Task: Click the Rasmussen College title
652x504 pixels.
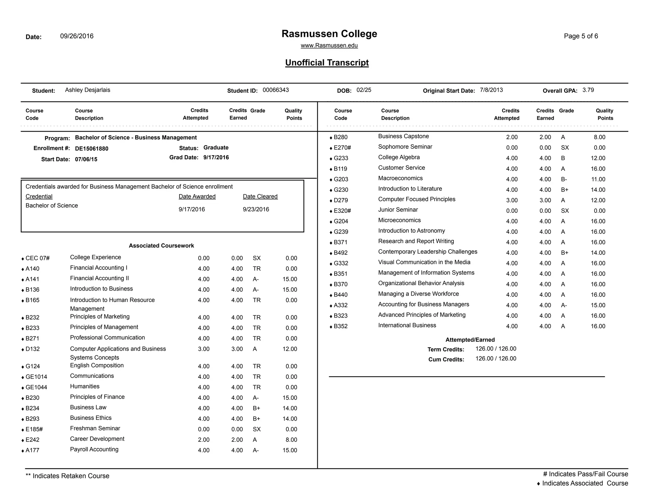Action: pyautogui.click(x=329, y=34)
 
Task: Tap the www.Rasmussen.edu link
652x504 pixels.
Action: pyautogui.click(x=329, y=46)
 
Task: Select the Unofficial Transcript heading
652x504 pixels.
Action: pyautogui.click(x=327, y=63)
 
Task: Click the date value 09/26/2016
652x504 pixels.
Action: pyautogui.click(x=77, y=36)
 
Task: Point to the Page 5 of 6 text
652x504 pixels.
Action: pyautogui.click(x=581, y=36)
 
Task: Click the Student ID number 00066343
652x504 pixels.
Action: pyautogui.click(x=276, y=90)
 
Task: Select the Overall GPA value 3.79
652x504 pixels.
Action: pyautogui.click(x=588, y=90)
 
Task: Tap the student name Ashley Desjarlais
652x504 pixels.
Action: pyautogui.click(x=88, y=90)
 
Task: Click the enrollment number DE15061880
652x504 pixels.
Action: pyautogui.click(x=92, y=149)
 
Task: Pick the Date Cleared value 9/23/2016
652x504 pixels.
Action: pyautogui.click(x=256, y=209)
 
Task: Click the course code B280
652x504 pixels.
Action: pyautogui.click(x=340, y=137)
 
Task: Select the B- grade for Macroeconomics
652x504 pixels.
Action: pyautogui.click(x=564, y=179)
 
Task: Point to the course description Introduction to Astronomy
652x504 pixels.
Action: pyautogui.click(x=411, y=231)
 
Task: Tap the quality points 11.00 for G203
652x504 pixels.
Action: pyautogui.click(x=598, y=179)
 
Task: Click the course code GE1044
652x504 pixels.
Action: pyautogui.click(x=36, y=387)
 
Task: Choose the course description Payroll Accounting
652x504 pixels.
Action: pyautogui.click(x=94, y=450)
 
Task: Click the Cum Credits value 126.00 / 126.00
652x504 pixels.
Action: pyautogui.click(x=496, y=359)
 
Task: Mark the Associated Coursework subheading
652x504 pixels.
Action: pyautogui.click(x=161, y=246)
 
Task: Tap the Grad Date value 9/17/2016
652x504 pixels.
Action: pyautogui.click(x=216, y=158)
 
